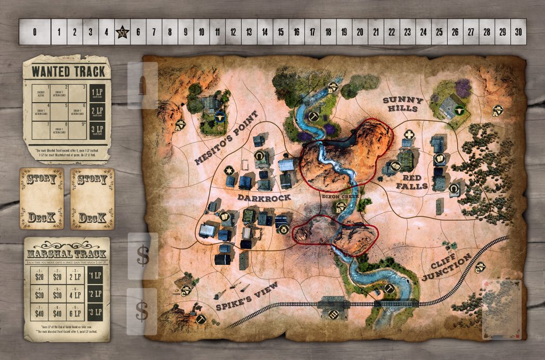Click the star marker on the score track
[123, 32]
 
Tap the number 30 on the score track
[518, 32]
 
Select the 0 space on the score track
[35, 32]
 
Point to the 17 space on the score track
[312, 32]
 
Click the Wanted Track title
[67, 71]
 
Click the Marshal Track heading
[67, 254]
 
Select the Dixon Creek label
[334, 196]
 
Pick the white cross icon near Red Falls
[409, 134]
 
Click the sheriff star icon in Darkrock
[229, 171]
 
